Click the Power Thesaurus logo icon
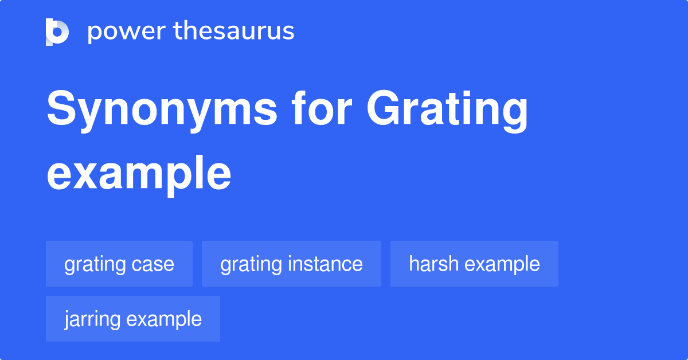tap(57, 32)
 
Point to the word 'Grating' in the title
tap(447, 111)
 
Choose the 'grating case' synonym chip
tap(119, 264)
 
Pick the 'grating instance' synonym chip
tap(291, 264)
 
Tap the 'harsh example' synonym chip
tap(474, 264)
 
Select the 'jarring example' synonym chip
tap(133, 319)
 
